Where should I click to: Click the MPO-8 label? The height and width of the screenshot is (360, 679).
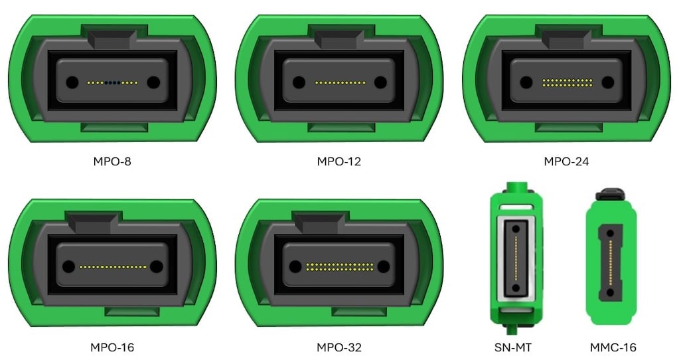[x=112, y=161]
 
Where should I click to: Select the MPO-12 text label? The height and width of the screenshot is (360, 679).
[x=339, y=161]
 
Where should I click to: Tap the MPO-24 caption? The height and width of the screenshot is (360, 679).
[x=566, y=161]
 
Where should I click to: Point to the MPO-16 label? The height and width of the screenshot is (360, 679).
[x=112, y=347]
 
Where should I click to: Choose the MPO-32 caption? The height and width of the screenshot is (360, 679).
[x=339, y=347]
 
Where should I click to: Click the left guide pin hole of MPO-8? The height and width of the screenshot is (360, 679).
[x=71, y=83]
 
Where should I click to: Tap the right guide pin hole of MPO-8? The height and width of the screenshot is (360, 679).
[x=153, y=83]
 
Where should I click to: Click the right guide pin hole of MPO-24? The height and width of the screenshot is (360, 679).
[x=607, y=83]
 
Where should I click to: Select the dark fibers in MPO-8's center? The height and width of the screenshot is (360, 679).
[x=112, y=83]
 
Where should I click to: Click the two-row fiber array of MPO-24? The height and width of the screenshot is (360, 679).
[x=567, y=83]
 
